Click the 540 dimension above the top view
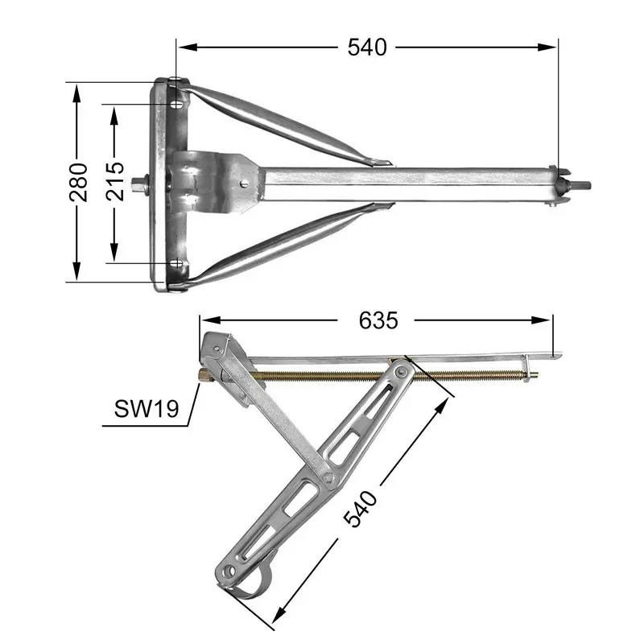(x=367, y=47)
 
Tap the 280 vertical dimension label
(x=78, y=183)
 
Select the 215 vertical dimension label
(x=114, y=181)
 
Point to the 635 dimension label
(x=378, y=320)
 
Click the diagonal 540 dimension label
(x=360, y=508)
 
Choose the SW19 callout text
(x=147, y=409)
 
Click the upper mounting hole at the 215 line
(x=177, y=105)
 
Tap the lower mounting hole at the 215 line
(x=176, y=263)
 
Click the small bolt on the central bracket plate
(x=245, y=184)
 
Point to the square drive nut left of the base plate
(x=141, y=184)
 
